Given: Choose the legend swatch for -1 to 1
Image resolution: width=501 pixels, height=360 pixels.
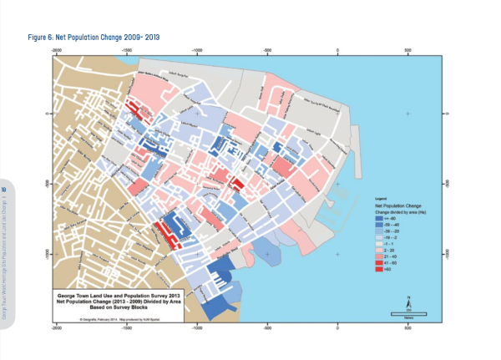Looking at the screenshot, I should click(x=378, y=243).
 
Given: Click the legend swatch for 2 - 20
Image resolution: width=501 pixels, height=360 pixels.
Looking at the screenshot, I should click(x=378, y=249).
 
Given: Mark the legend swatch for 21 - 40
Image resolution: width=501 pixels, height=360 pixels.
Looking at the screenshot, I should click(x=378, y=255).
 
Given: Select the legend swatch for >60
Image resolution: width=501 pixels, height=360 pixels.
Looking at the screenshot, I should click(x=378, y=270).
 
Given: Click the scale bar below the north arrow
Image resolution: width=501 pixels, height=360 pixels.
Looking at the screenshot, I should click(x=409, y=314).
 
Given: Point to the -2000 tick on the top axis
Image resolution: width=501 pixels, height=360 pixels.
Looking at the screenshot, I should click(x=56, y=50).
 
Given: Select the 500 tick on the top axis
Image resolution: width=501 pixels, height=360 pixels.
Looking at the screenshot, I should click(x=408, y=50).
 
